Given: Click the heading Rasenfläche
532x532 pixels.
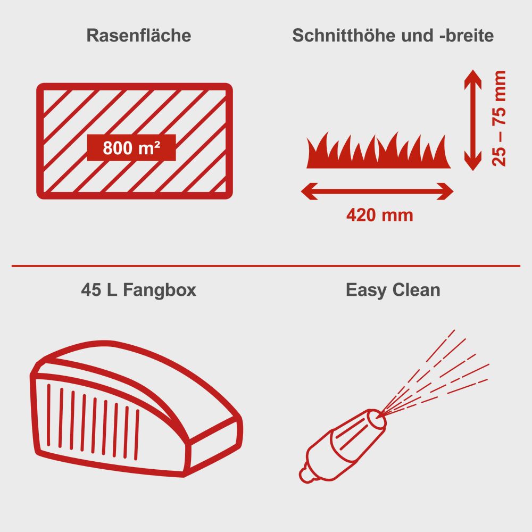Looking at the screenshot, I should point(138,36).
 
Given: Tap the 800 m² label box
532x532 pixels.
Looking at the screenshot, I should point(131,147).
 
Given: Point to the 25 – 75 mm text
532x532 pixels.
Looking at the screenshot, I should point(499,118).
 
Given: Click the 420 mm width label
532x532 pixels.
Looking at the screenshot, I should point(379,215).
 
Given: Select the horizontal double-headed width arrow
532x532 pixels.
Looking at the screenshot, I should point(377,190).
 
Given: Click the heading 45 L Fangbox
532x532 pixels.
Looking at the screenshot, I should point(138,290).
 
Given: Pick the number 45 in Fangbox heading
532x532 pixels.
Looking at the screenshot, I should point(91,290).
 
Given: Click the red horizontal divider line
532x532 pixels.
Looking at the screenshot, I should point(266,265).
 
